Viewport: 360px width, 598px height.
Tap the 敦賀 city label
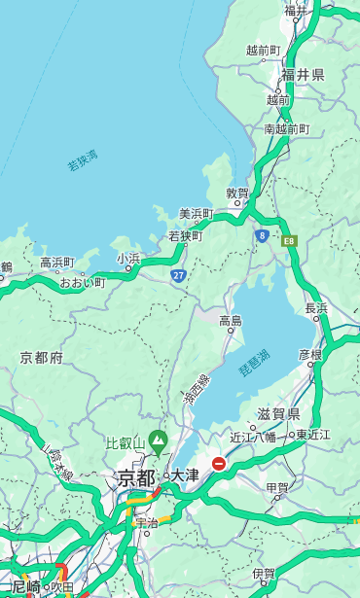click(237, 193)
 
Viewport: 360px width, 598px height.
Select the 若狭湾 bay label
click(82, 160)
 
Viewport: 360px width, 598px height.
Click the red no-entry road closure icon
click(219, 464)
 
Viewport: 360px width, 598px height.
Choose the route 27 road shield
click(179, 276)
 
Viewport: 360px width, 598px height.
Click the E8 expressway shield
click(289, 240)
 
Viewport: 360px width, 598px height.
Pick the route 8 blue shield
click(262, 235)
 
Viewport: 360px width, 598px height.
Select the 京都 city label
click(136, 477)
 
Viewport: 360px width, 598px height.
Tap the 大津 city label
click(185, 475)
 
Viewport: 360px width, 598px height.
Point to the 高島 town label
click(231, 321)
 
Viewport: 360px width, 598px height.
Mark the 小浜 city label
click(128, 259)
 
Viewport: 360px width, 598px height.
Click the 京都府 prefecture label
click(42, 358)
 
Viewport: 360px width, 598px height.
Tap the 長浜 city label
click(316, 308)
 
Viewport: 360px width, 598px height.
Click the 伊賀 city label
click(263, 574)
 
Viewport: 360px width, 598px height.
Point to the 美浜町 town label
click(196, 214)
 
